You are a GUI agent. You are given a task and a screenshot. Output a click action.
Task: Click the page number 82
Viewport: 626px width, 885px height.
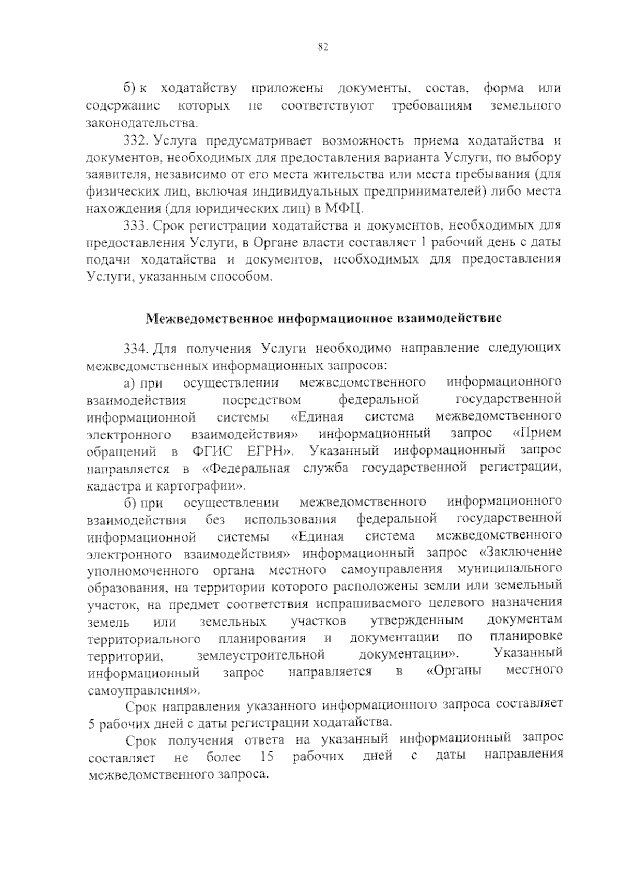[x=322, y=47]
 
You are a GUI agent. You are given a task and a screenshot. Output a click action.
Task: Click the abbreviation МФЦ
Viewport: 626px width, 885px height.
[x=343, y=209]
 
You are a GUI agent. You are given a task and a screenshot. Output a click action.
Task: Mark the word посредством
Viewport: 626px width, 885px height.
[x=262, y=401]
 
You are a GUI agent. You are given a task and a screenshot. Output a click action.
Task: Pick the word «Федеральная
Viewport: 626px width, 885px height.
[x=245, y=468]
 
